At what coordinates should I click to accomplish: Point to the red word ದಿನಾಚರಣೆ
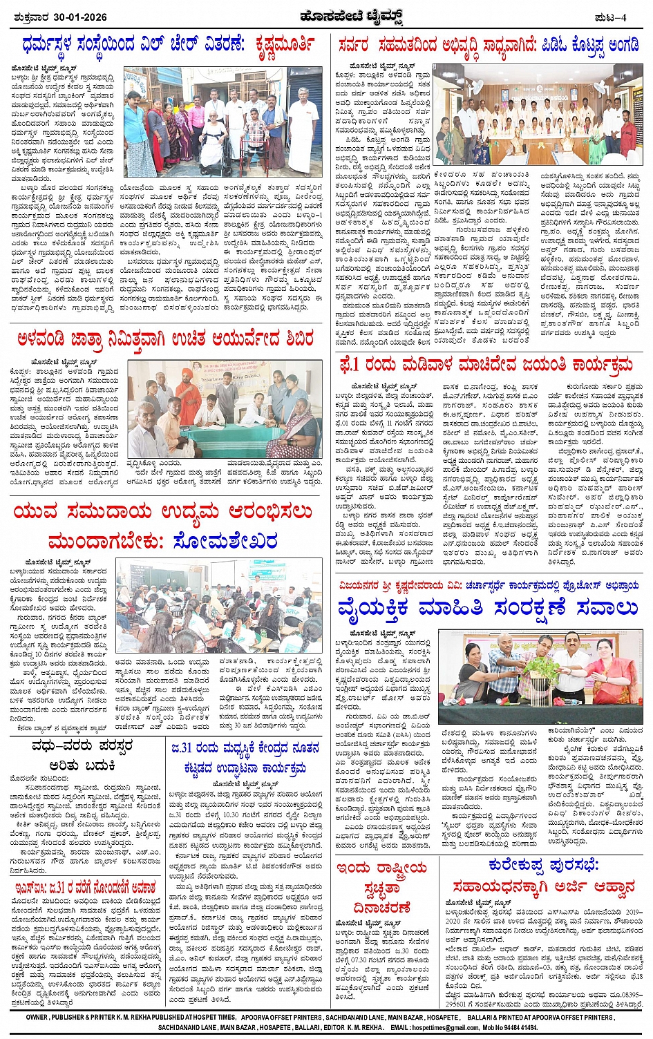[x=382, y=906]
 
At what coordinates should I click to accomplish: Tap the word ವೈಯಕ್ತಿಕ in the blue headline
[x=373, y=609]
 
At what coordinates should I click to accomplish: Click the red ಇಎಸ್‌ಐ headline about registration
[x=86, y=887]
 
